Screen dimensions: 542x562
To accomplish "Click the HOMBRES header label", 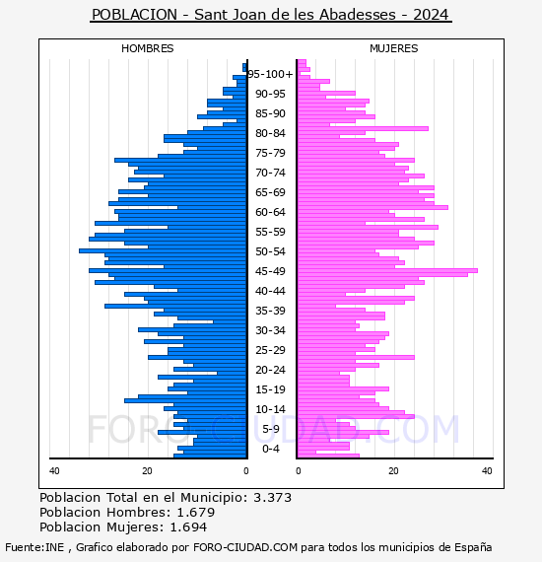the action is coord(147,48).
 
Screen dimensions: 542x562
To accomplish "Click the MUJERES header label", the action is coord(394,48).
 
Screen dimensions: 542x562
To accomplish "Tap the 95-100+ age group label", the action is coord(270,74).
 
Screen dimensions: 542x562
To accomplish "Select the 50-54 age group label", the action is coord(270,251).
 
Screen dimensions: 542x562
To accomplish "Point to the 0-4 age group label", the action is coord(270,449).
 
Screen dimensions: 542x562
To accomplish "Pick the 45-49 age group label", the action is coord(270,271).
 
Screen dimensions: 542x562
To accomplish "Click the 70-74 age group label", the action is coord(270,173).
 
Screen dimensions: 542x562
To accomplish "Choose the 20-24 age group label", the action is coord(270,370).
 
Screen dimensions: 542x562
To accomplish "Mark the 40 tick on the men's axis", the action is coord(54,471).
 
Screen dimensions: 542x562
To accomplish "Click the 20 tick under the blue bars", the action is coord(147,471).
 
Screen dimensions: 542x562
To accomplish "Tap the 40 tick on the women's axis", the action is coord(487,471).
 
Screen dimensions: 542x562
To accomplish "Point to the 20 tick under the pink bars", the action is coord(393,471).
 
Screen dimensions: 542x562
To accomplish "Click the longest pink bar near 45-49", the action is coord(387,270).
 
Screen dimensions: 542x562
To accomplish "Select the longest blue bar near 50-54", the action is coord(163,250).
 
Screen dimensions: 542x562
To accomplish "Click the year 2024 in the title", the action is coord(431,15).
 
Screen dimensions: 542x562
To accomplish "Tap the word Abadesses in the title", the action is coord(357,15).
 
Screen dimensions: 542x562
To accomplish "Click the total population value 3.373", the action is coord(273,498).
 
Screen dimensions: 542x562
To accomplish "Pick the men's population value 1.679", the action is coord(196,512).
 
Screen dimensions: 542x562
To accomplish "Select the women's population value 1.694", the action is coord(188,527).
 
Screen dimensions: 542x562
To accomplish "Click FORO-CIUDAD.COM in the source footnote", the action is coord(245,547).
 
